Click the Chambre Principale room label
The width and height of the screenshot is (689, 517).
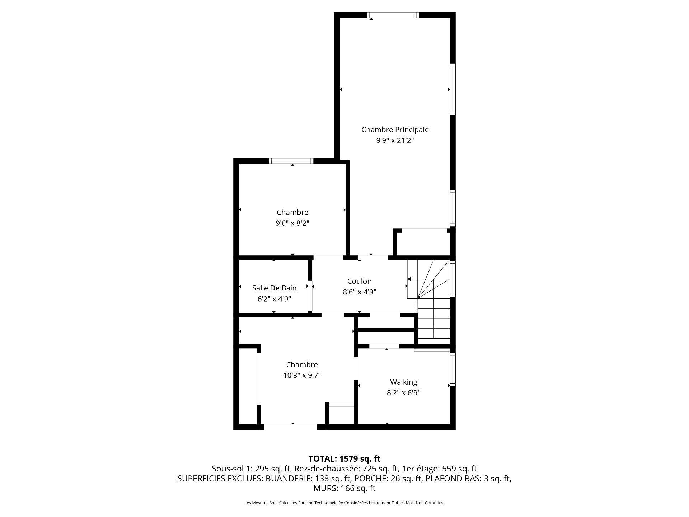[x=395, y=130]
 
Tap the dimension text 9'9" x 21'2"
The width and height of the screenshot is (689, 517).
[x=395, y=140]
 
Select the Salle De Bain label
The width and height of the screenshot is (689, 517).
[x=274, y=288]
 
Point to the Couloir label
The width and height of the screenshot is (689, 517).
[x=359, y=281]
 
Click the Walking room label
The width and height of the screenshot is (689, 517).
[x=403, y=382]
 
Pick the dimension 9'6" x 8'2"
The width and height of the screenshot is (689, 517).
[x=292, y=223]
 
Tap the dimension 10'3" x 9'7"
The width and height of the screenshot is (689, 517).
[x=301, y=376]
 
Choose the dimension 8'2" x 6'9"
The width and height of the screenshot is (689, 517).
[x=403, y=393]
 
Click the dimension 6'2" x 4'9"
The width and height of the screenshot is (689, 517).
[x=274, y=299]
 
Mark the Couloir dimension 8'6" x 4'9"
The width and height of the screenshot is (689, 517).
[x=359, y=292]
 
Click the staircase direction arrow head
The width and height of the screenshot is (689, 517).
[x=409, y=279]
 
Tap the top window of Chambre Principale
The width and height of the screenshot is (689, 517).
[x=393, y=15]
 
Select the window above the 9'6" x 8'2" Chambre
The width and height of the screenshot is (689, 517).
[x=291, y=161]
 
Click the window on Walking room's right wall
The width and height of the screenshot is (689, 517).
[x=453, y=369]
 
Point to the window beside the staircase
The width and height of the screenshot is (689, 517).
[x=453, y=279]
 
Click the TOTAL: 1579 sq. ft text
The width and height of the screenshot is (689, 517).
[x=344, y=458]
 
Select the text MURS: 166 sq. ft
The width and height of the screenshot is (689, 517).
[x=344, y=488]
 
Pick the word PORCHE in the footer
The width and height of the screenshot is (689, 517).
[x=370, y=478]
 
